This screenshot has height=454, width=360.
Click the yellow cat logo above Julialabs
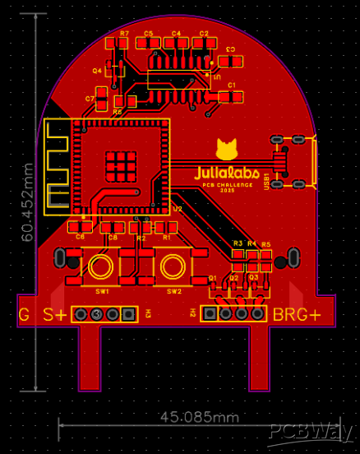click(x=227, y=150)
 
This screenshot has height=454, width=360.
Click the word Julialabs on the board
click(x=227, y=174)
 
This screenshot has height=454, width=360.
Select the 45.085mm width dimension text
click(x=196, y=417)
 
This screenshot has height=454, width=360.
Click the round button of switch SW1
click(x=102, y=266)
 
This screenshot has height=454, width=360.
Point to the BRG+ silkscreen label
click(x=297, y=314)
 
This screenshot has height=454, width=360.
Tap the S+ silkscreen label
click(x=55, y=314)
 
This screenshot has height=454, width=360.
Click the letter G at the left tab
click(x=24, y=314)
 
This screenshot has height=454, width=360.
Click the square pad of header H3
click(x=128, y=314)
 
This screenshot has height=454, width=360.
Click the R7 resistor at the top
click(x=124, y=44)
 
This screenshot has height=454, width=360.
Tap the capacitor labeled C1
click(x=232, y=96)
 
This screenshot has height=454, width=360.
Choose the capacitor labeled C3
click(x=232, y=60)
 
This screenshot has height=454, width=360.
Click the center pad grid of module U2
click(x=122, y=165)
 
